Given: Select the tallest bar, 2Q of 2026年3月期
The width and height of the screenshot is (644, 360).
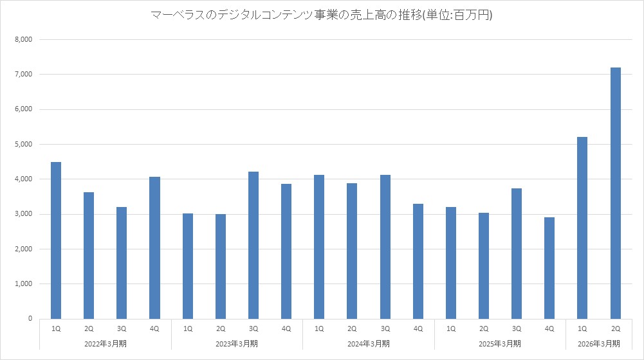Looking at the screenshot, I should [x=615, y=193].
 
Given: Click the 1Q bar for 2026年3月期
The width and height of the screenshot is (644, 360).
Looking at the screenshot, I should [x=582, y=228].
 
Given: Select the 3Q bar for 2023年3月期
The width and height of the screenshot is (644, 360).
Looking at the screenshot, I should [x=253, y=245].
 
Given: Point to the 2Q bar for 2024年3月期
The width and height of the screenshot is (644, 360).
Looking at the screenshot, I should [x=352, y=251].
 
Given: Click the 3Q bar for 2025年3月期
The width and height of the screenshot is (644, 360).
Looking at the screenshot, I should [x=517, y=253].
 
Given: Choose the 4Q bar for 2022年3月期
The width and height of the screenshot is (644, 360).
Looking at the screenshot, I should [x=154, y=248].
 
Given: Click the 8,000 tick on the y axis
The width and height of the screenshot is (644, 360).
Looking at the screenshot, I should [x=23, y=40].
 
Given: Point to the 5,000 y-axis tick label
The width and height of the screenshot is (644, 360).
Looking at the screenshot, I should [x=23, y=144].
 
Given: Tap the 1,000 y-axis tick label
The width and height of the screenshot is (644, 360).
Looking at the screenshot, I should [x=23, y=283].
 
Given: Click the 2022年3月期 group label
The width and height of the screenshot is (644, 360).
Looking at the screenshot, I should [x=106, y=343].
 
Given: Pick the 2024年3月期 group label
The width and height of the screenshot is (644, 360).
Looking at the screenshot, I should [x=369, y=343].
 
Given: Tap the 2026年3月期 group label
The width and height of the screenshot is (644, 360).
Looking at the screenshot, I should [x=599, y=343].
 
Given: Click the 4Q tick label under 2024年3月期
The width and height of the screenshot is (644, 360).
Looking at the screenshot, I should [x=418, y=329].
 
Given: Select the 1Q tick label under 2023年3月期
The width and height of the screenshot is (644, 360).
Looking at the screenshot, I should [x=188, y=329].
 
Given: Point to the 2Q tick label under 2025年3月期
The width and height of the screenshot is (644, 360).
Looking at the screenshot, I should [x=484, y=329].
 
